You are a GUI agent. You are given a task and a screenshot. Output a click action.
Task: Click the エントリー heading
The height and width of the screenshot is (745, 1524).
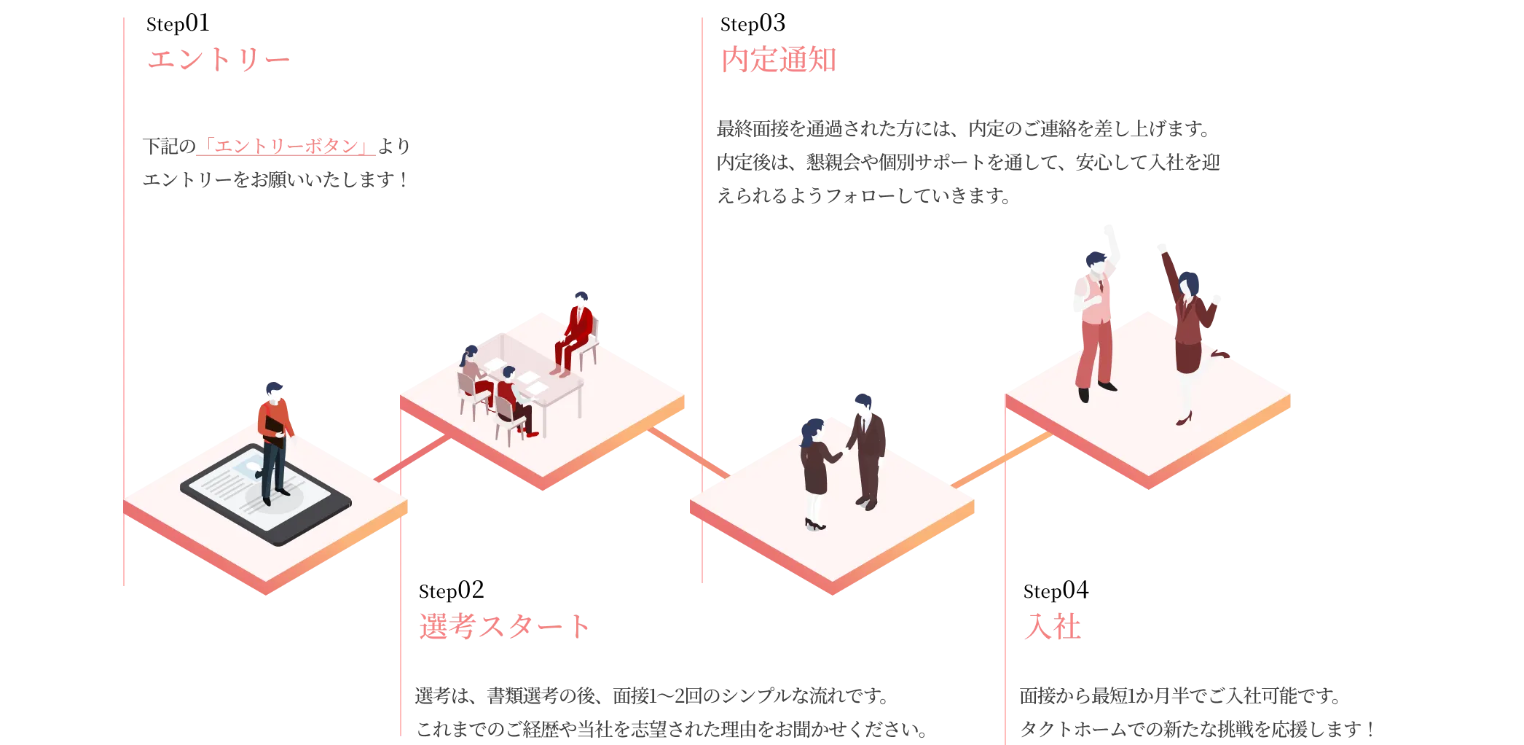click(219, 59)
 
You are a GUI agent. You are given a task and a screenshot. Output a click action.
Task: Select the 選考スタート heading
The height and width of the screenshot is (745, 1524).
click(503, 627)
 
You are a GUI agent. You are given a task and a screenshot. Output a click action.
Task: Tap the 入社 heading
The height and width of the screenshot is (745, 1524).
click(1052, 627)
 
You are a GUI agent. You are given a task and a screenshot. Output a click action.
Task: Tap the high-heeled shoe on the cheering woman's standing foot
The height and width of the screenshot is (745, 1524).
click(1183, 419)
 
